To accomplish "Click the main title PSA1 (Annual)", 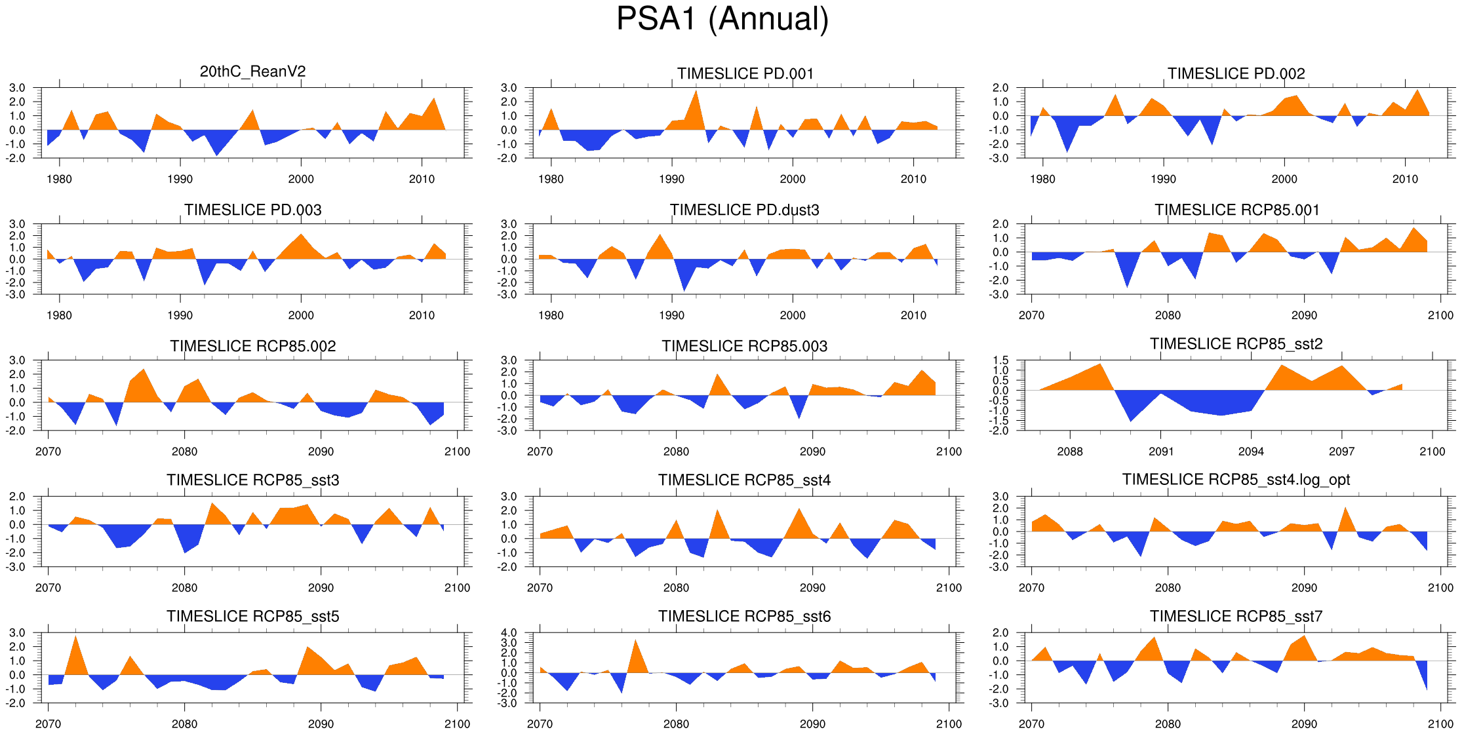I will point(722,19).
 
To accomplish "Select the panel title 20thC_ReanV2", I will point(252,71).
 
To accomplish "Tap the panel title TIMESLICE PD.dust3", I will point(744,210).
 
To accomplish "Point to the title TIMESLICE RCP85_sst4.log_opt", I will point(1236,480).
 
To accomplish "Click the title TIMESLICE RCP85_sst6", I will point(744,616).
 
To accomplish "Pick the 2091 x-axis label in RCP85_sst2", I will point(1160,452).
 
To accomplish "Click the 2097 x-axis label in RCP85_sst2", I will point(1341,452).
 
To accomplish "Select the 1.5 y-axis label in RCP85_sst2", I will point(1000,360).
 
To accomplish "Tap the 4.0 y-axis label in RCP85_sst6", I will point(509,633).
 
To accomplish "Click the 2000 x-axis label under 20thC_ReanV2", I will point(301,179).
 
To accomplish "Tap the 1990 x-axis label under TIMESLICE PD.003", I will point(180,315).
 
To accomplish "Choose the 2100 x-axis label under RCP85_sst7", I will point(1440,724).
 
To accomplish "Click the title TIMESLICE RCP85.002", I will point(252,346).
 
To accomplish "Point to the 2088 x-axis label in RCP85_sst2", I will point(1070,452).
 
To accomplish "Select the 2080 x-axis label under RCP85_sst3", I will point(184,588).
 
